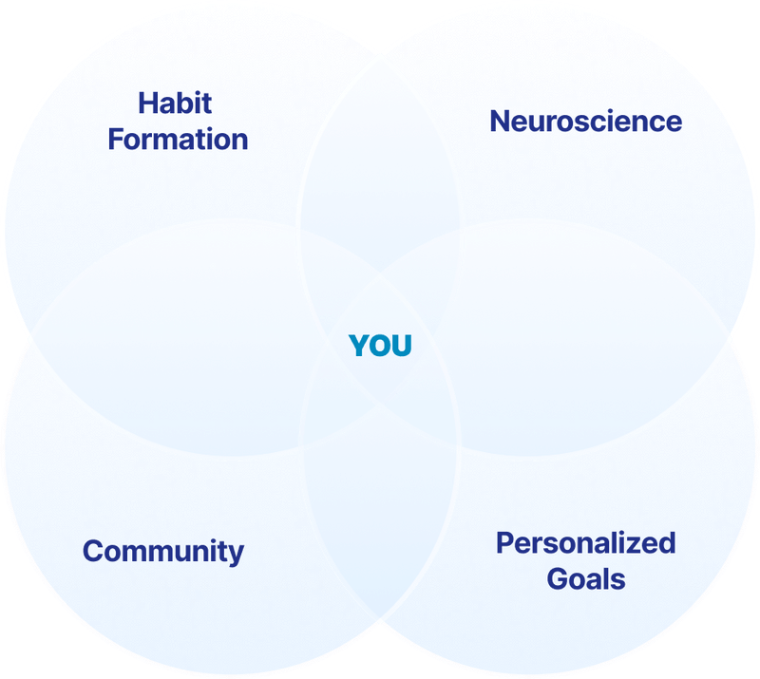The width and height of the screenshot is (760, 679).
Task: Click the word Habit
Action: (x=175, y=103)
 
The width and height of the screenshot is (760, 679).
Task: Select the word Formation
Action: (x=178, y=140)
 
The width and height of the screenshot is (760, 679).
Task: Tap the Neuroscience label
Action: (x=585, y=122)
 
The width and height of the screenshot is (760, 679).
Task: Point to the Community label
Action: (x=163, y=551)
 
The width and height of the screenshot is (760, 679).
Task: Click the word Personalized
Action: (x=585, y=543)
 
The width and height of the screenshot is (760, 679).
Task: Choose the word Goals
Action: (x=586, y=578)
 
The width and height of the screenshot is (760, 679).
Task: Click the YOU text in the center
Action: (x=380, y=347)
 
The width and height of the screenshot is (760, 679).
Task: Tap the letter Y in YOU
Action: (x=359, y=347)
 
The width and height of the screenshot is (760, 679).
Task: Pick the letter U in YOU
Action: (x=402, y=347)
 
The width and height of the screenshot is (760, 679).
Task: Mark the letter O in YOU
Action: (x=380, y=347)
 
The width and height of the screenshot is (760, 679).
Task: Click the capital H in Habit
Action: (x=147, y=103)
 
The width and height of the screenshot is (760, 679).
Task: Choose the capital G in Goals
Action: (x=558, y=578)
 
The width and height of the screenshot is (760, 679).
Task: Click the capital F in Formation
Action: (x=116, y=140)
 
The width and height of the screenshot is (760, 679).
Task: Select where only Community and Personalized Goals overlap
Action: (x=380, y=532)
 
